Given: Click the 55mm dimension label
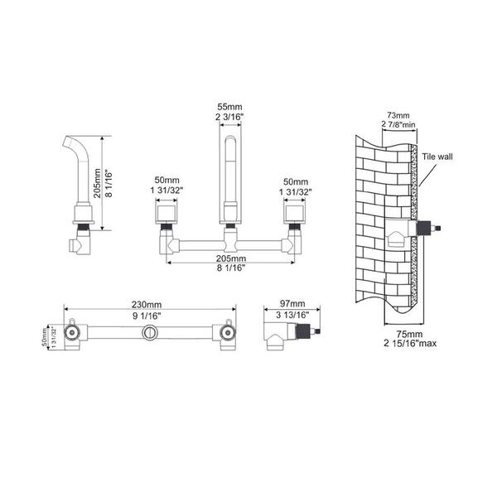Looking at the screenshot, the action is pos(229,107).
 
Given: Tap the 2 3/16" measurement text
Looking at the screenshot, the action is pos(229,117).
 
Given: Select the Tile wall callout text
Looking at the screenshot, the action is pos(437,157).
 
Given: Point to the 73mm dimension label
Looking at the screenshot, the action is pos(398,115).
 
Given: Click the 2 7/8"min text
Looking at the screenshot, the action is pos(398,124).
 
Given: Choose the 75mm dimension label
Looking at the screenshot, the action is pos(409,334).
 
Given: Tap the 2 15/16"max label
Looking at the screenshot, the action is pos(410,343).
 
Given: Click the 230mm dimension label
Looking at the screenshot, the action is pos(147,305).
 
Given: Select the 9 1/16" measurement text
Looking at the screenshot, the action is pos(147,316).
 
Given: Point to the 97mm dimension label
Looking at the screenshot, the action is pos(292,304).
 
